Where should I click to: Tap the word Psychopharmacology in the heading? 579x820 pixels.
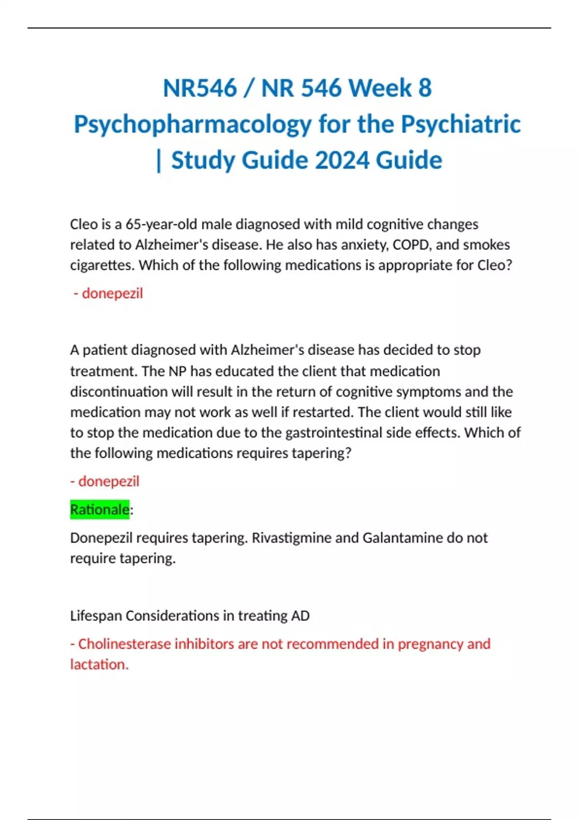[193, 124]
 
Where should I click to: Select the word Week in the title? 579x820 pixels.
[380, 88]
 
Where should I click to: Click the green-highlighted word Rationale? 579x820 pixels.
[100, 509]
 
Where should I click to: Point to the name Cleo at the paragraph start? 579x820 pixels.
[83, 224]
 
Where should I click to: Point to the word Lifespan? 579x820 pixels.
[96, 616]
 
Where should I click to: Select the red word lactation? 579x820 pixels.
[99, 665]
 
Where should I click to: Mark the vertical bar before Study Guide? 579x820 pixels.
[159, 161]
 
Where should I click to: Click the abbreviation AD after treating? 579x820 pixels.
[300, 616]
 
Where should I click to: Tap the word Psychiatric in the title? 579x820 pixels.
[461, 124]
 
